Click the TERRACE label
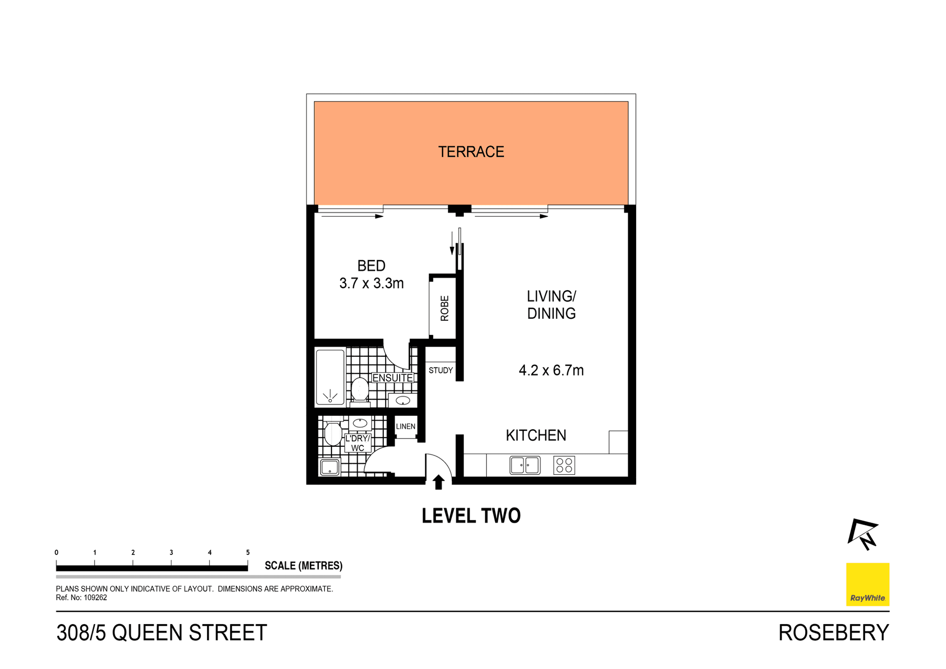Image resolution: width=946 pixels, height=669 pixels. (471, 152)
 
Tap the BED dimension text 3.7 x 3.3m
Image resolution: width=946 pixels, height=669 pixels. (372, 283)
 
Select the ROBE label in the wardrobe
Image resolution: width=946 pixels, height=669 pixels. (444, 308)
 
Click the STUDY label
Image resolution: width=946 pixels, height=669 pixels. (440, 370)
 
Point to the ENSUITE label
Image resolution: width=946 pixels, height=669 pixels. (392, 378)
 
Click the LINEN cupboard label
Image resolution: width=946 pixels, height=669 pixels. (405, 427)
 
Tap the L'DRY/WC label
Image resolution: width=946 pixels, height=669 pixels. (358, 443)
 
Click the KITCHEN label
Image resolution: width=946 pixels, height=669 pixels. (536, 435)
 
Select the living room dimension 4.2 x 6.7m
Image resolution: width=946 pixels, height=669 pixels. (551, 370)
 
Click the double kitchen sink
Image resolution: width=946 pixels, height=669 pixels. (525, 465)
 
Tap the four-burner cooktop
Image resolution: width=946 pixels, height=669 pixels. (564, 465)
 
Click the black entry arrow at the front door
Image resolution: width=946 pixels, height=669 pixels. (438, 482)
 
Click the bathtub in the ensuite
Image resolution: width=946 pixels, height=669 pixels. (330, 377)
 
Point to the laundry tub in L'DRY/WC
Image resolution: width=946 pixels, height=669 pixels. (329, 467)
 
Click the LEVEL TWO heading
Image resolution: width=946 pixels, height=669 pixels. (471, 516)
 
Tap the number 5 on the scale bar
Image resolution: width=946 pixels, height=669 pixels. (248, 552)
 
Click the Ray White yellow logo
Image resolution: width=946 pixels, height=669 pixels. (867, 584)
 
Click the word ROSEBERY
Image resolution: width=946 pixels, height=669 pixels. (833, 633)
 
